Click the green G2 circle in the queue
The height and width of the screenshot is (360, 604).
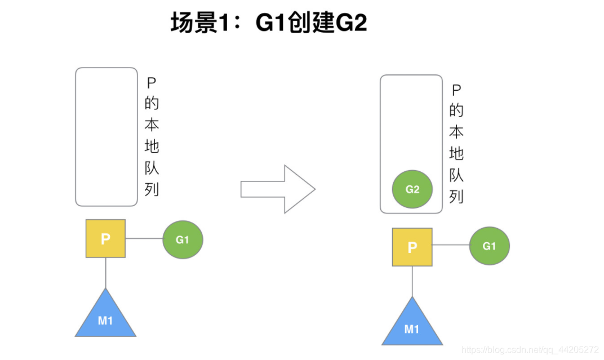coord(412,189)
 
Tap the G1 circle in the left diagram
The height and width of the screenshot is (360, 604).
coord(183,239)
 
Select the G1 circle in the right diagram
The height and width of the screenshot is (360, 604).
coord(489,246)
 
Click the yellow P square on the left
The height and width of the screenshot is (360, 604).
coord(105,238)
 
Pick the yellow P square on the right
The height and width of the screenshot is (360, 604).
coord(412,247)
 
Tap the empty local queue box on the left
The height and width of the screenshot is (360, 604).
coord(106,137)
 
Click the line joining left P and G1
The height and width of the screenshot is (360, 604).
coord(144,239)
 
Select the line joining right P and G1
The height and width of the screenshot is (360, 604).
coord(451,245)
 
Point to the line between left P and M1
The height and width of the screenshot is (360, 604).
coord(105,273)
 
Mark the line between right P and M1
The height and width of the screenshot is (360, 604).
coord(412,282)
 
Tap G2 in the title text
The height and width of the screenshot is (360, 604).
coord(352,23)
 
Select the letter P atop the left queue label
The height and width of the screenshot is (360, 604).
coord(152,83)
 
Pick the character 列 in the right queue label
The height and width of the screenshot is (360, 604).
coord(456,197)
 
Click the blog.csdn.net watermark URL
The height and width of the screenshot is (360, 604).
coord(530,350)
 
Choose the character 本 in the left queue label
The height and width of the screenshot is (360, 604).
coord(152,125)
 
